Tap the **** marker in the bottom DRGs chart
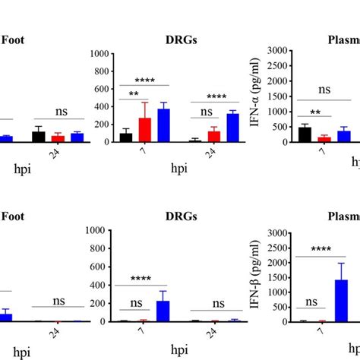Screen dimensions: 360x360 click(143, 278)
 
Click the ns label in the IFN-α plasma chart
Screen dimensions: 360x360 click(324, 90)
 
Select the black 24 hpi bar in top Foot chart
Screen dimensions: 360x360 click(38, 137)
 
